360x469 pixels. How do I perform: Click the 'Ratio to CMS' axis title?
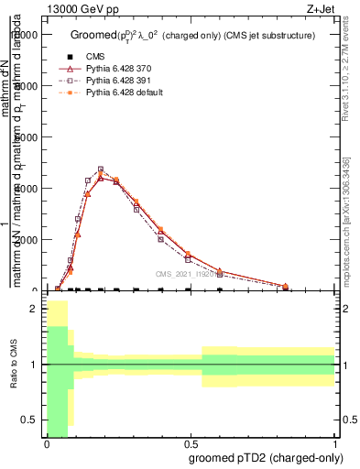(14, 378)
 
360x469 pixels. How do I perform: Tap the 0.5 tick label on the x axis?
(191, 444)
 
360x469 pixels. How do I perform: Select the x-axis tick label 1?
(334, 444)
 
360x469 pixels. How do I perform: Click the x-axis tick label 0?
(47, 444)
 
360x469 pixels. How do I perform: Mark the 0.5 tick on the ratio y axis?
(34, 420)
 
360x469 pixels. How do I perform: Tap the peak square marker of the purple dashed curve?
(101, 169)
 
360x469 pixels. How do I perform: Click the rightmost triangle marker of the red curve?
(306, 286)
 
